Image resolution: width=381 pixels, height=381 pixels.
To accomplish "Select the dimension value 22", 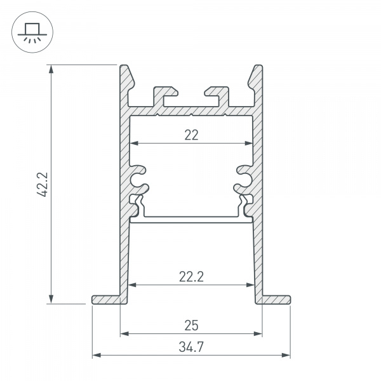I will (191, 135).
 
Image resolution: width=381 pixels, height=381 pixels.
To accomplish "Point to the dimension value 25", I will (191, 326).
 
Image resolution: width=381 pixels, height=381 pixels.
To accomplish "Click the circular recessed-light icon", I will (29, 30).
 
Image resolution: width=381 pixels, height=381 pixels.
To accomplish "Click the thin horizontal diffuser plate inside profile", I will (191, 219).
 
